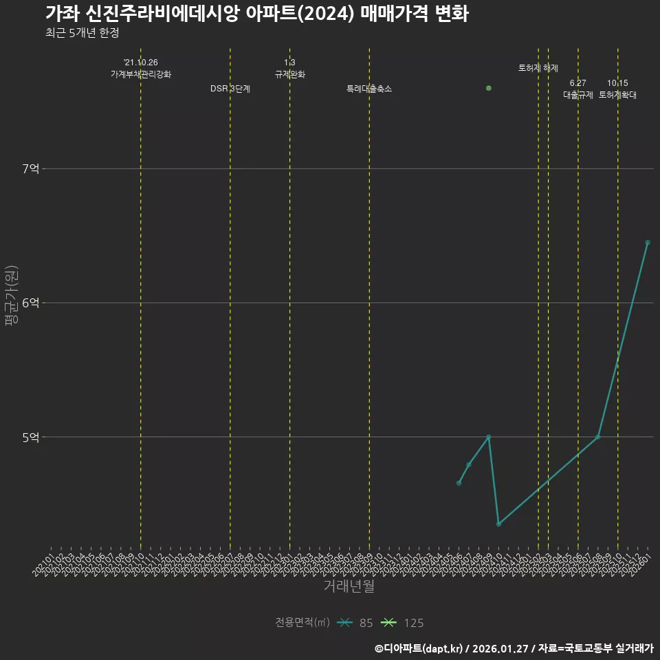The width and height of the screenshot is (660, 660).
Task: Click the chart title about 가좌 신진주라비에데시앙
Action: coord(256,14)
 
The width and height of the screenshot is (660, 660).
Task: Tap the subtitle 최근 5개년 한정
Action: coord(82,33)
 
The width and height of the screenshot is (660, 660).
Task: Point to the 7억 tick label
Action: coord(31,168)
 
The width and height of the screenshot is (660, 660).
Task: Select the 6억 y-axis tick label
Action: coord(31,302)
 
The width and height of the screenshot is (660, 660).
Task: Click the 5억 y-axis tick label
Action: coord(31,437)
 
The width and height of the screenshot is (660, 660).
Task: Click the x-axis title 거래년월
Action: coord(349,586)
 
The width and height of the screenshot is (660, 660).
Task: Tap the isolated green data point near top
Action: coord(489,88)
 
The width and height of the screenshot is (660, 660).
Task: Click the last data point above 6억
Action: coord(648,242)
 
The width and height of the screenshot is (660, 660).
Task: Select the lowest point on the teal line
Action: coord(498,524)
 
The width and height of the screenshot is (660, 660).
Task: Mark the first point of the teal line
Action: coord(459,483)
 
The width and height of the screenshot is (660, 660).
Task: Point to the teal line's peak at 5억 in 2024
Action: coord(489,437)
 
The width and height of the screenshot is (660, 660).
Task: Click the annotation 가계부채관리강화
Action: coord(141,74)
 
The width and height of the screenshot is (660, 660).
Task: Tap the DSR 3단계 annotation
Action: coord(230,89)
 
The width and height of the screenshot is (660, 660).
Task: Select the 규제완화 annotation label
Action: coord(289,74)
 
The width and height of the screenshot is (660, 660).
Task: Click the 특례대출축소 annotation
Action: coord(369,89)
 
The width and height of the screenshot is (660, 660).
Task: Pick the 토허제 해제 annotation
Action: coord(538,68)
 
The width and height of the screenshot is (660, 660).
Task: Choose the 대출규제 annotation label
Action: coord(578,95)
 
